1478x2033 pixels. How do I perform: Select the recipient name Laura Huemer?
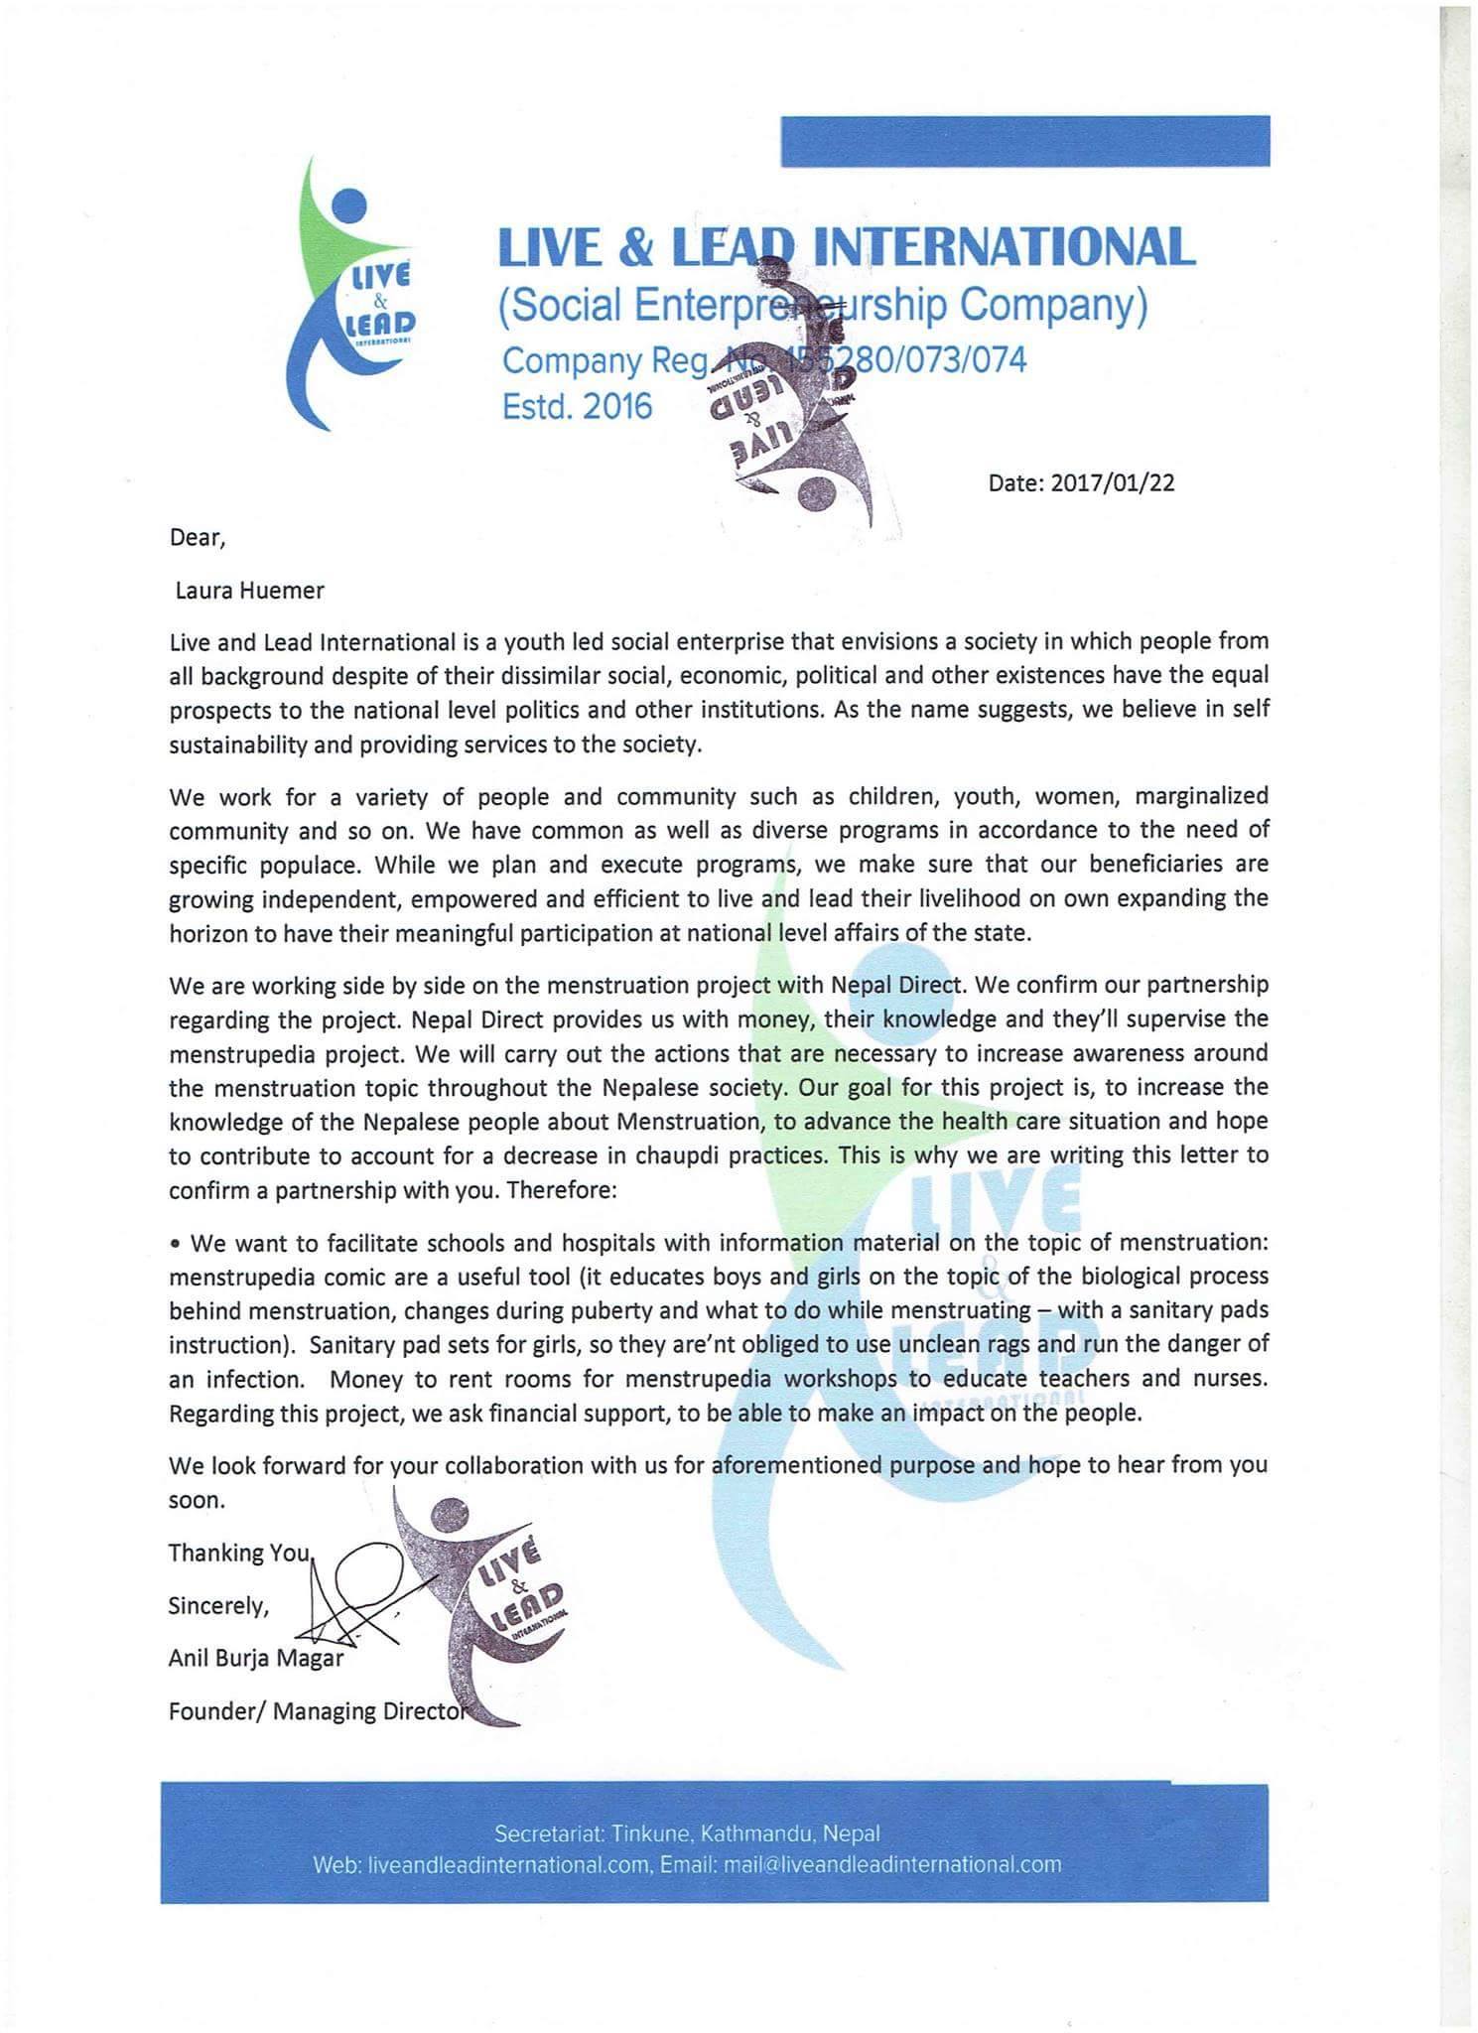click(249, 591)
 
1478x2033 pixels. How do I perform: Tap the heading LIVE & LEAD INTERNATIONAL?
click(846, 248)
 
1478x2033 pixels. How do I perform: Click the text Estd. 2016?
click(577, 406)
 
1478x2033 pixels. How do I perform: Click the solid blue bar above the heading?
click(1024, 141)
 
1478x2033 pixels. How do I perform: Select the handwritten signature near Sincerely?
click(357, 1595)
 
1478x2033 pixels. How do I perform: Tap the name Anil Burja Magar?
click(256, 1659)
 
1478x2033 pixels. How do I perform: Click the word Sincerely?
click(218, 1606)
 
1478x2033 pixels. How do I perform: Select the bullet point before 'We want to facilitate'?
click(175, 1244)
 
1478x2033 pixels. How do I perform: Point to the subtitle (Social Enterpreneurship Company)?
click(822, 306)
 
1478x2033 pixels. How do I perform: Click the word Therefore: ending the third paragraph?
click(562, 1189)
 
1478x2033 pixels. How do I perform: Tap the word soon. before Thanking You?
click(197, 1500)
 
